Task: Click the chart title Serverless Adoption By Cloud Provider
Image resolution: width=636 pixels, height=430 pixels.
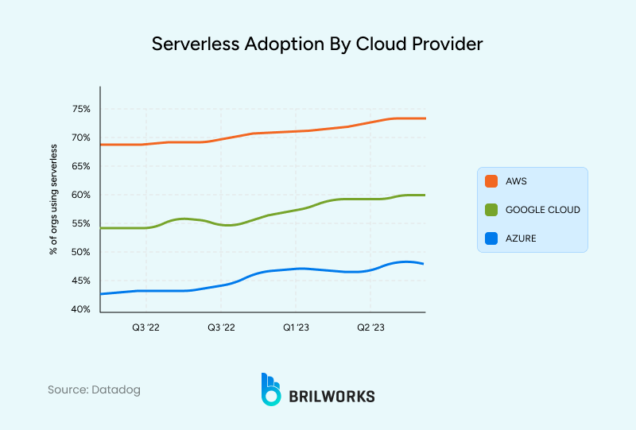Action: click(x=317, y=45)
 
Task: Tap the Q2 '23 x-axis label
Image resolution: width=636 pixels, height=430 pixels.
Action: click(x=370, y=327)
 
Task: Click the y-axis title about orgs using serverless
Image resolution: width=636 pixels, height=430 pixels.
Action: click(x=54, y=200)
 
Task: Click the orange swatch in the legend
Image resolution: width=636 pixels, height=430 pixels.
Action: click(x=491, y=181)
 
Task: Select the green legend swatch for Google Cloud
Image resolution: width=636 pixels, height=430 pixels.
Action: click(x=491, y=210)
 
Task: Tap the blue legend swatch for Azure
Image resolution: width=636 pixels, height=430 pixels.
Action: click(x=491, y=238)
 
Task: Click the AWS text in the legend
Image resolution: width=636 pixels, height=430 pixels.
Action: click(x=516, y=181)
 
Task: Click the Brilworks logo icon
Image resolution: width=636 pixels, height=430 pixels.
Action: click(x=271, y=389)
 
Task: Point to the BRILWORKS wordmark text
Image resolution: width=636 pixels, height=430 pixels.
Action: click(x=332, y=396)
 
